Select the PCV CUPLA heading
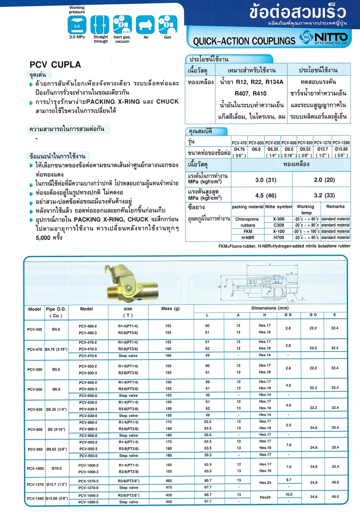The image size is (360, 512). click(x=56, y=64)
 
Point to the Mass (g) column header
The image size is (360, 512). click(x=170, y=308)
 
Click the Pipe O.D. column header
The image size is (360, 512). click(x=56, y=312)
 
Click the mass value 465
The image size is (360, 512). click(x=168, y=481)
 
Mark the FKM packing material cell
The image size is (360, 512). click(x=248, y=230)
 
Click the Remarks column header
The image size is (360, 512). click(x=336, y=206)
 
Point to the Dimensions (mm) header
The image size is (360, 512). click(x=271, y=308)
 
